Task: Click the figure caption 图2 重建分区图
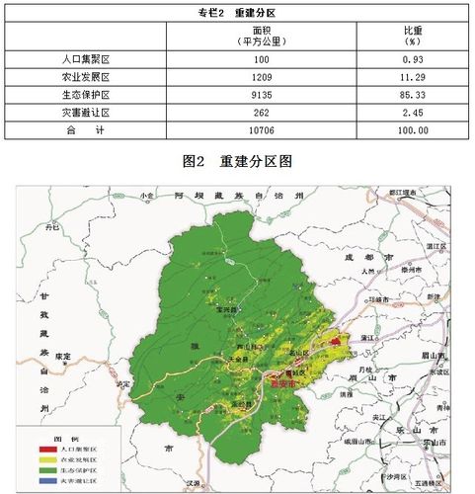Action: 237,158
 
